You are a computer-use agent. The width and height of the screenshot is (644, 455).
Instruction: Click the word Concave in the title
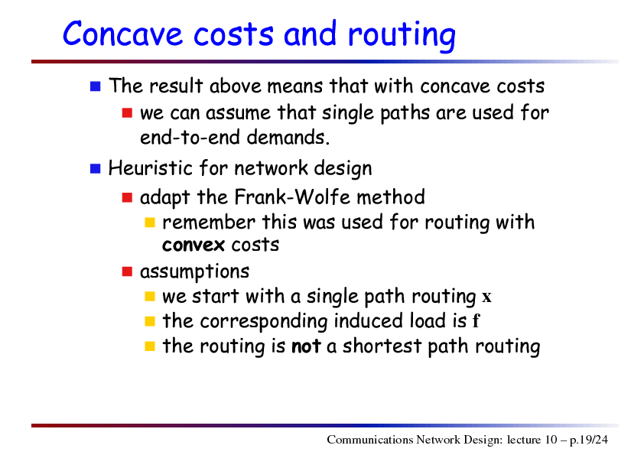[x=122, y=34]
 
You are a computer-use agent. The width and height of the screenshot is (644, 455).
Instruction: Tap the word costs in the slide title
[x=233, y=34]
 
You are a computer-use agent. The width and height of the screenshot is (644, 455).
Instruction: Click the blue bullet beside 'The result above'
[x=96, y=86]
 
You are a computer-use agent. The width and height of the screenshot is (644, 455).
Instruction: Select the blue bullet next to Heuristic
[x=96, y=168]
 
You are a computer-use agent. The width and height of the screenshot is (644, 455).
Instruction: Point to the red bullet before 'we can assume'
[x=127, y=113]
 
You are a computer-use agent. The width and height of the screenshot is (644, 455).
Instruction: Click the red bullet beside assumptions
[x=127, y=271]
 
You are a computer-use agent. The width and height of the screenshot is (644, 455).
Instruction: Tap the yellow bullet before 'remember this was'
[x=150, y=223]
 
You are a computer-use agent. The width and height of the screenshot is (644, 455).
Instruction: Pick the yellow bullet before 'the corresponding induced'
[x=150, y=321]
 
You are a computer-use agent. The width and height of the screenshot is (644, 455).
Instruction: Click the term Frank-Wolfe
[x=292, y=197]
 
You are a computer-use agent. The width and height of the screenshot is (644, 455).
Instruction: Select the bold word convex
[x=193, y=245]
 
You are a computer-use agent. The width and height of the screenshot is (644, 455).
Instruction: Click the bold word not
[x=306, y=346]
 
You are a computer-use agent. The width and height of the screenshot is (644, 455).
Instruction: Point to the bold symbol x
[x=486, y=297]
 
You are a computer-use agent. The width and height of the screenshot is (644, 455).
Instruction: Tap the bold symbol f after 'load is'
[x=476, y=320]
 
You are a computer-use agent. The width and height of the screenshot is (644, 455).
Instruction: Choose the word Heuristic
[x=151, y=168]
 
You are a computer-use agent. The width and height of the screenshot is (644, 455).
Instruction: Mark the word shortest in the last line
[x=382, y=346]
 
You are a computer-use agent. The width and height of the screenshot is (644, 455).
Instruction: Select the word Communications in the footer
[x=370, y=440]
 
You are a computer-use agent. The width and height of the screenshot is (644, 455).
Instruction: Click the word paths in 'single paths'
[x=405, y=113]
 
